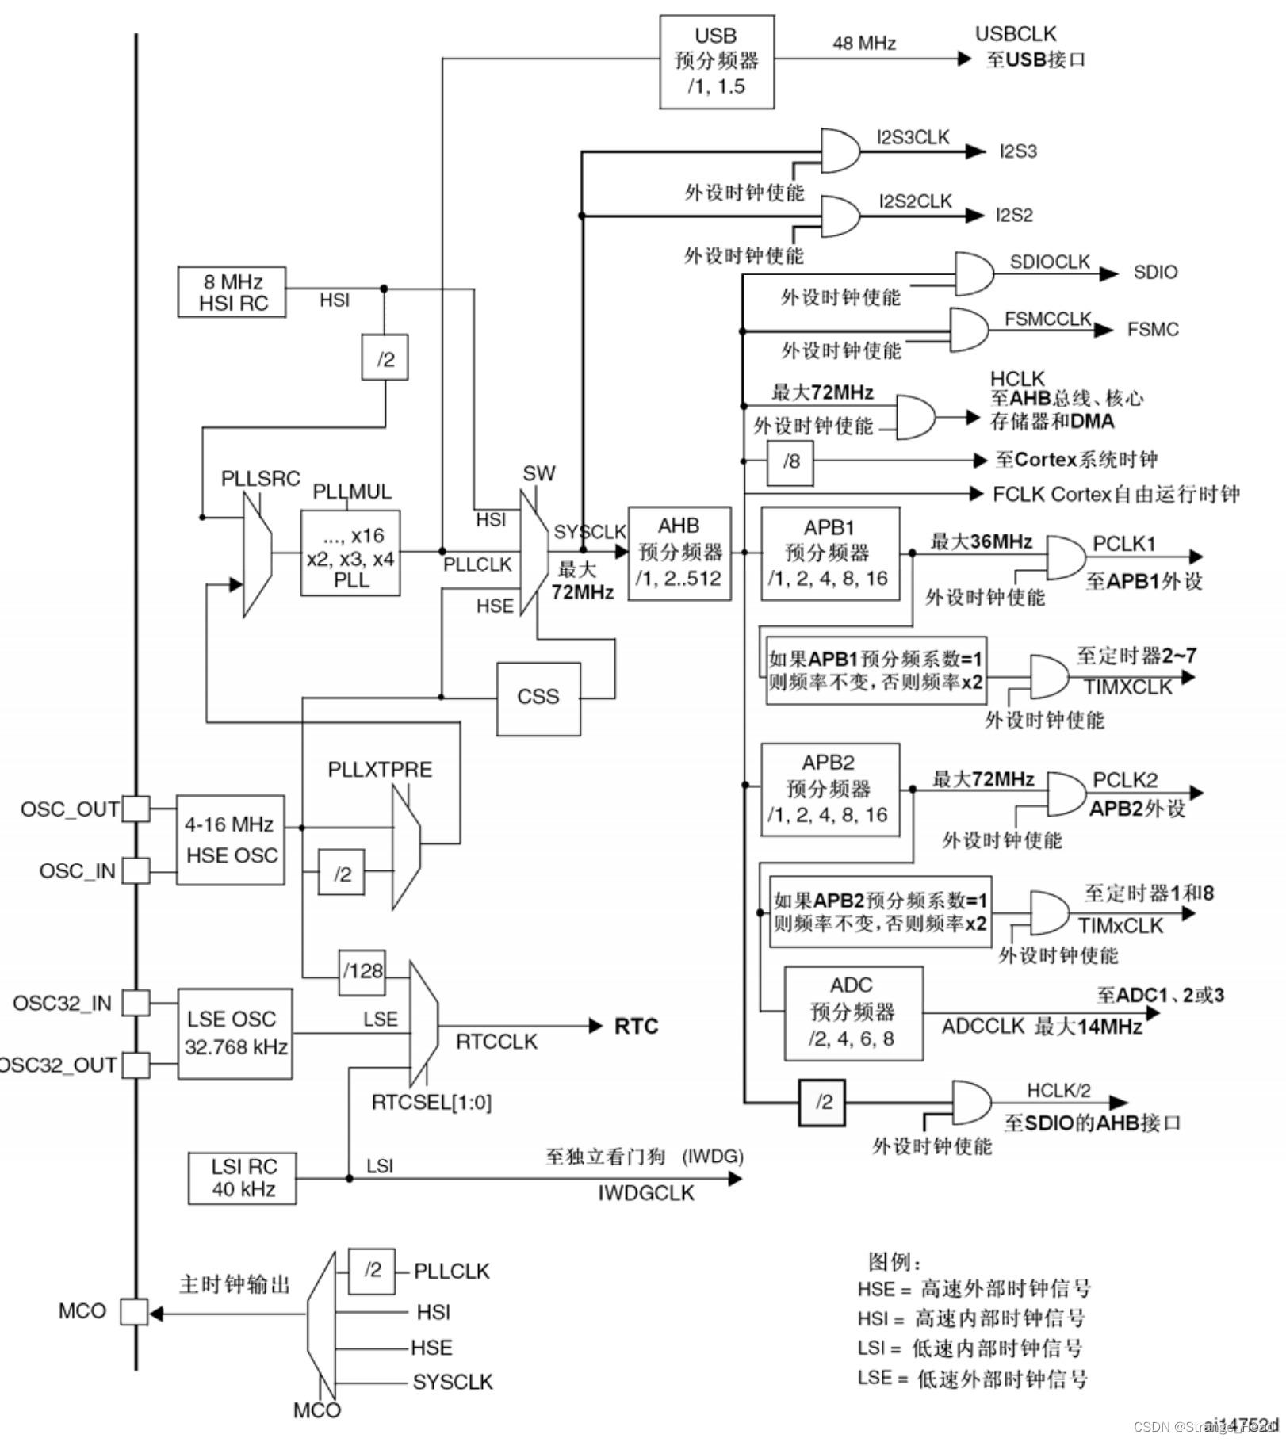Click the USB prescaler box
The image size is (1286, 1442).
tap(716, 62)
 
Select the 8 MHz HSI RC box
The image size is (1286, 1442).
tap(232, 293)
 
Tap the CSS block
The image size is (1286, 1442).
tap(538, 698)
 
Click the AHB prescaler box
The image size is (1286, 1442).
tap(679, 553)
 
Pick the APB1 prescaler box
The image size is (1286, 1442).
tap(829, 553)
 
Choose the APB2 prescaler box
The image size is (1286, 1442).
tap(829, 789)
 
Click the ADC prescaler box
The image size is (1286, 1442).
tap(853, 1012)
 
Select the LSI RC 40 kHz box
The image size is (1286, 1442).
tap(243, 1178)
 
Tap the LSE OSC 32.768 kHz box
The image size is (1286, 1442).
tap(235, 1033)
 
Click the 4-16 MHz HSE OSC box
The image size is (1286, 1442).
tap(231, 840)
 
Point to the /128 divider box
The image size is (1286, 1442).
tap(362, 971)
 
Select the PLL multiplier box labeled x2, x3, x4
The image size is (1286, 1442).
tap(350, 553)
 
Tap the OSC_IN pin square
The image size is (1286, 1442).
tap(136, 870)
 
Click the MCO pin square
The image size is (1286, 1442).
tap(133, 1312)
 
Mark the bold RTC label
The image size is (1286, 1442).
tap(636, 1027)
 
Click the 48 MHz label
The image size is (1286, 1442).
tap(863, 43)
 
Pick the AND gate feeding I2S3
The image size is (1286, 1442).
tap(840, 151)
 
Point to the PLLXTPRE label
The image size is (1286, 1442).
tap(380, 770)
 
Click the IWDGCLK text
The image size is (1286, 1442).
tap(645, 1193)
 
